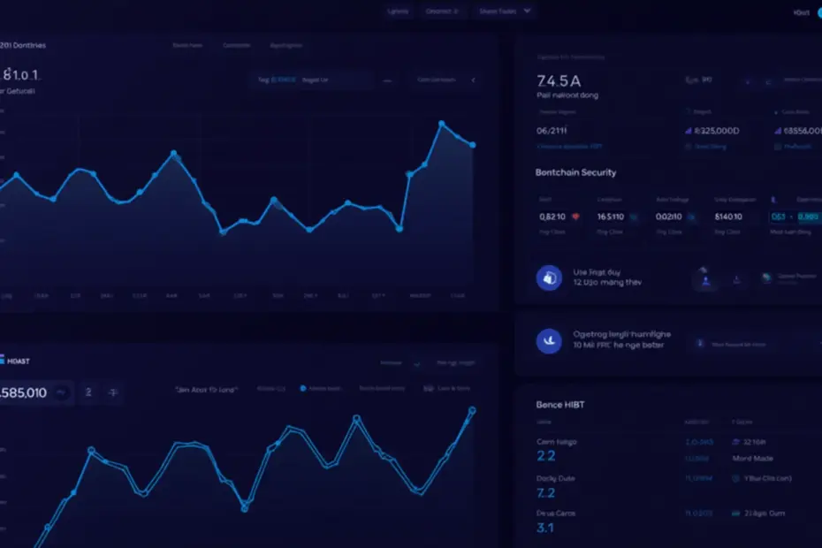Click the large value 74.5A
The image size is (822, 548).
pyautogui.click(x=559, y=80)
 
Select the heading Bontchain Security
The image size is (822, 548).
pyautogui.click(x=575, y=172)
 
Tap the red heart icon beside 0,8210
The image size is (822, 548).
pyautogui.click(x=576, y=216)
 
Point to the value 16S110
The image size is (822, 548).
pyautogui.click(x=610, y=216)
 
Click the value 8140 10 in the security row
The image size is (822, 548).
pyautogui.click(x=727, y=216)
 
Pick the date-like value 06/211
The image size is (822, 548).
pyautogui.click(x=552, y=130)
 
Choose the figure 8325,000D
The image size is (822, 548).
pyautogui.click(x=716, y=131)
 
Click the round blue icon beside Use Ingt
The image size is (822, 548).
pyautogui.click(x=549, y=278)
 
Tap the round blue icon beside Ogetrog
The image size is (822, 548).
pyautogui.click(x=549, y=340)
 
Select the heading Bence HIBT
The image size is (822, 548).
pyautogui.click(x=559, y=405)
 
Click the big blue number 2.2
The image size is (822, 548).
pyautogui.click(x=545, y=456)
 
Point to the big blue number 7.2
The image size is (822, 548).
pyautogui.click(x=545, y=492)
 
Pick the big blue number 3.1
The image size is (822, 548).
pyautogui.click(x=545, y=528)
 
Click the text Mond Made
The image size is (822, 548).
pyautogui.click(x=753, y=459)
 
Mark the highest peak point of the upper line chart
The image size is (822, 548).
pyautogui.click(x=441, y=123)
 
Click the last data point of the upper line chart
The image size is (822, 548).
pyautogui.click(x=474, y=145)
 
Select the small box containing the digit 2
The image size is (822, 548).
pyautogui.click(x=88, y=392)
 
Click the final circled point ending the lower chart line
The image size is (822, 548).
pyautogui.click(x=472, y=410)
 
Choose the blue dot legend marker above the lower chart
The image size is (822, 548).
pyautogui.click(x=303, y=388)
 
